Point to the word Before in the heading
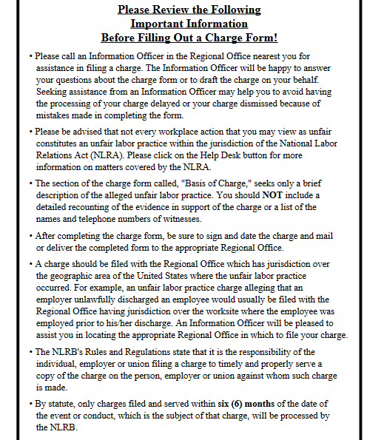click(x=118, y=38)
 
